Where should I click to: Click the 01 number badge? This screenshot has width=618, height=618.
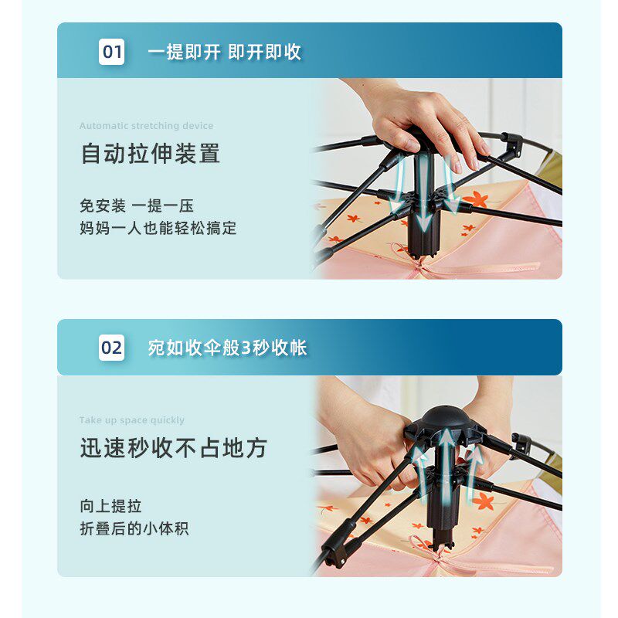[x=111, y=52]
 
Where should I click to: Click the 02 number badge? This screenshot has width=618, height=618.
[x=111, y=348]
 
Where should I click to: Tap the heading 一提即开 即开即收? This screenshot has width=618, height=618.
[x=224, y=52]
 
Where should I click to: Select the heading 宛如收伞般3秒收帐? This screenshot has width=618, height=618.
[x=227, y=348]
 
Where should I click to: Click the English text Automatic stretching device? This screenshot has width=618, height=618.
[x=146, y=126]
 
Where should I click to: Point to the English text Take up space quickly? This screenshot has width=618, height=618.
[x=131, y=420]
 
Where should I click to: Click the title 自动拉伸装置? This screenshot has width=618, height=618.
[x=150, y=153]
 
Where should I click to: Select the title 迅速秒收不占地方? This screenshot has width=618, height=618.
[x=174, y=448]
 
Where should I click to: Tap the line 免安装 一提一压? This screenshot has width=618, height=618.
[x=137, y=205]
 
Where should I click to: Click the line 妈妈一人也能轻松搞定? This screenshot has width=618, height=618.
[x=158, y=228]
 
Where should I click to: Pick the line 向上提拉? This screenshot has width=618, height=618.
[x=110, y=506]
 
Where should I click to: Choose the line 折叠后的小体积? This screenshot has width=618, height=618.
[x=134, y=528]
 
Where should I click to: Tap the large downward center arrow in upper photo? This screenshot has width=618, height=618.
[x=424, y=193]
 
